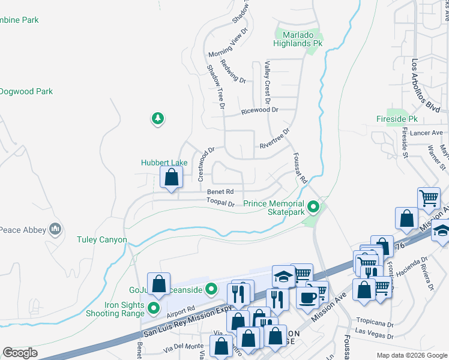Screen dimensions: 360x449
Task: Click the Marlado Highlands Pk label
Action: click(x=298, y=39)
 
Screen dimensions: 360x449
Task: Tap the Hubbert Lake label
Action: click(x=164, y=162)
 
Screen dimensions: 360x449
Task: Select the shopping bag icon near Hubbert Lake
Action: click(x=172, y=177)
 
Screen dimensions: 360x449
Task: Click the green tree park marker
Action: click(x=157, y=118)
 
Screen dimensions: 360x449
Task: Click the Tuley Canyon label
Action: click(x=102, y=240)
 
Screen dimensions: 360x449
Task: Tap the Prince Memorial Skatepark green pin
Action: click(x=313, y=208)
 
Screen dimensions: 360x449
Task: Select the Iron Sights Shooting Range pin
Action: click(x=153, y=309)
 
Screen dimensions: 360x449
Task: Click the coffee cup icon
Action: click(x=307, y=296)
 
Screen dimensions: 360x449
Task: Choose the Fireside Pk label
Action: click(x=396, y=119)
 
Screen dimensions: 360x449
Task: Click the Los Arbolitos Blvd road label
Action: click(x=426, y=85)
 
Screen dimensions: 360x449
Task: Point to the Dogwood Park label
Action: click(x=26, y=92)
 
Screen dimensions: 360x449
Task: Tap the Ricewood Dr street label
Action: click(x=259, y=110)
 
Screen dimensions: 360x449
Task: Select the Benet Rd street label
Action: click(x=220, y=192)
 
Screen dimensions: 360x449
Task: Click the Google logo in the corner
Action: click(x=20, y=353)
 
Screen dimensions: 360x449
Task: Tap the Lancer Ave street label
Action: click(x=428, y=133)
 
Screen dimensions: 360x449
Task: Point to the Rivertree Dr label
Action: click(x=274, y=139)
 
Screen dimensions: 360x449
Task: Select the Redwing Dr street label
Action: click(x=233, y=71)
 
